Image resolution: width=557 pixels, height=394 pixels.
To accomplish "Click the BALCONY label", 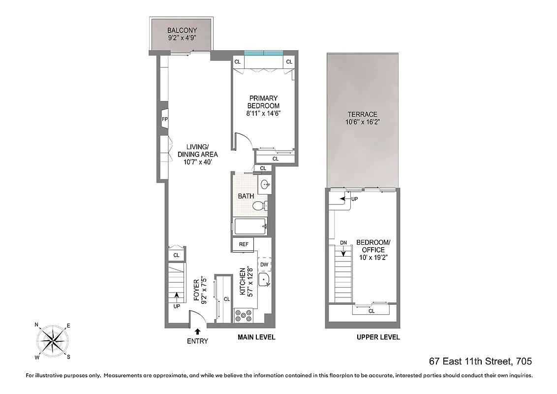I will pyautogui.click(x=182, y=31).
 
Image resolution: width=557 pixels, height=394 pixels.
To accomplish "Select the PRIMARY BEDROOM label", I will pyautogui.click(x=263, y=102).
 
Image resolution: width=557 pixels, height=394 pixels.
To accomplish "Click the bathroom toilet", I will pyautogui.click(x=264, y=206).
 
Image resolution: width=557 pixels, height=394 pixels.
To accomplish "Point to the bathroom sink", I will pyautogui.click(x=265, y=185).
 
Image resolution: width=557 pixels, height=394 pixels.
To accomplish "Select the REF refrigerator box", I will pyautogui.click(x=243, y=244).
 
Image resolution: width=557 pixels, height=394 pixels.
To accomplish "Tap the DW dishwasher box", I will pyautogui.click(x=264, y=264).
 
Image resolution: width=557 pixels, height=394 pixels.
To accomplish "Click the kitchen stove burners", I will pyautogui.click(x=244, y=315).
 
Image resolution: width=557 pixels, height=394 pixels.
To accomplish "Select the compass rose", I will pyautogui.click(x=52, y=340).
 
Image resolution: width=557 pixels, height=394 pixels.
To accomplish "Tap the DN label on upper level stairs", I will pyautogui.click(x=343, y=243).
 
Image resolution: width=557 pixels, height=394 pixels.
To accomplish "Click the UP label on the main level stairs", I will pyautogui.click(x=177, y=306).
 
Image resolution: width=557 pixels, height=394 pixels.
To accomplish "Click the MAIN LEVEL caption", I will pyautogui.click(x=256, y=337).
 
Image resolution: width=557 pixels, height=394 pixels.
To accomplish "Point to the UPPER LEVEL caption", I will pyautogui.click(x=378, y=337).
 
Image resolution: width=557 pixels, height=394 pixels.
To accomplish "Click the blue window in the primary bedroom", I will pyautogui.click(x=264, y=53).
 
